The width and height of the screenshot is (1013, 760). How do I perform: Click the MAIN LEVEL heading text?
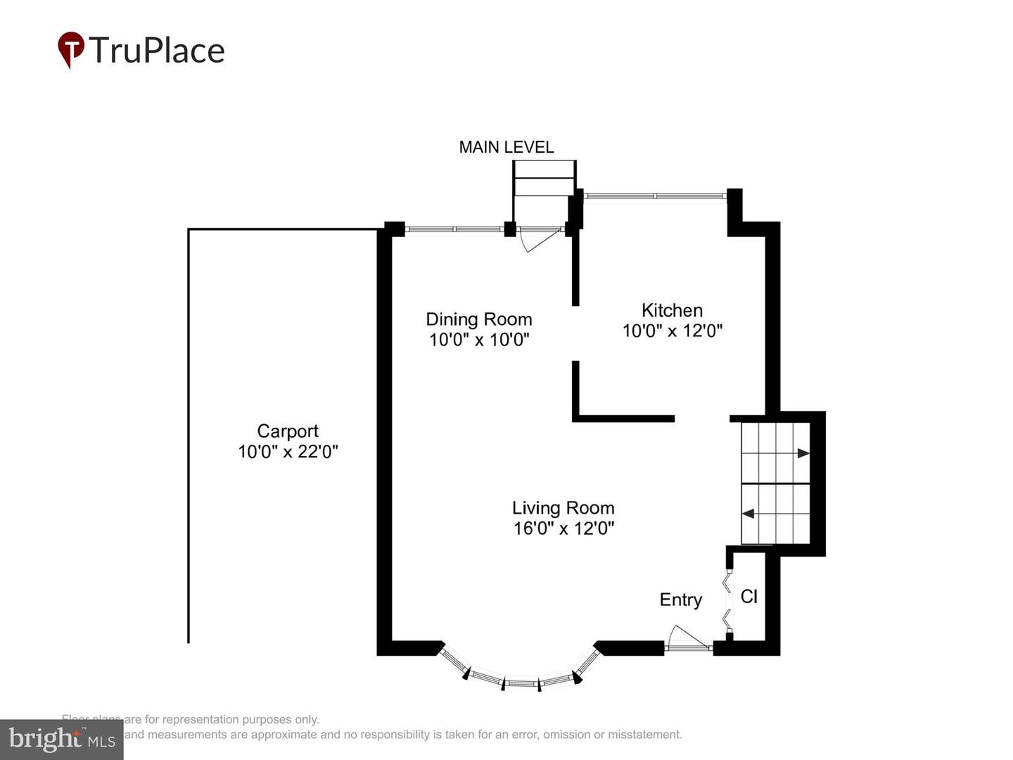point(506,147)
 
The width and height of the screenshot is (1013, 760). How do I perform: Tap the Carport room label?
point(288,431)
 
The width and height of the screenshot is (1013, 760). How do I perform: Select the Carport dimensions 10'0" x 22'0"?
point(288,451)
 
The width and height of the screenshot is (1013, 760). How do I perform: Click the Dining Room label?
point(478,319)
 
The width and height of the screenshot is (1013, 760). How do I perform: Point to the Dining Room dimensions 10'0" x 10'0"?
point(478,339)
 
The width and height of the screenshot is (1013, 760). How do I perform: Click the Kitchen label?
point(672,310)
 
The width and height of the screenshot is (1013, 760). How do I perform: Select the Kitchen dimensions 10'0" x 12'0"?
point(672,331)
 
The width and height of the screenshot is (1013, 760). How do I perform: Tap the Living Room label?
point(563,507)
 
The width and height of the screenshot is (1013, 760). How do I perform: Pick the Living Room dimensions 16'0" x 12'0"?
point(563,528)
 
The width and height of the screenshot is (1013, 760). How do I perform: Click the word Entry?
point(680,600)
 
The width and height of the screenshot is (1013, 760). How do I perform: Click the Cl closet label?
point(748,597)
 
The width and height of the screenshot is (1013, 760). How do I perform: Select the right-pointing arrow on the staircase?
point(803,454)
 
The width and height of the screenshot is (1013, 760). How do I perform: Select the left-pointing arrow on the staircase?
point(748,514)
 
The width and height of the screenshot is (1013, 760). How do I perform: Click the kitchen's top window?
point(655,196)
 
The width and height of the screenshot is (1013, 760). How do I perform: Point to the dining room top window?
point(454,229)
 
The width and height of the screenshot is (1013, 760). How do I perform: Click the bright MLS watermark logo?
point(61,739)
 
